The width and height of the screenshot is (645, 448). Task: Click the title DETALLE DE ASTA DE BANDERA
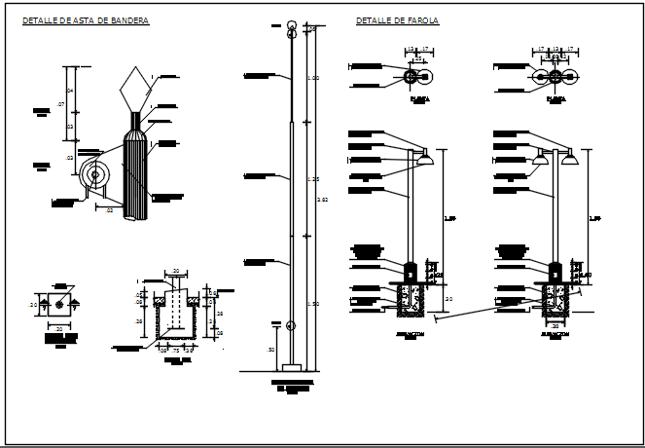(x=86, y=20)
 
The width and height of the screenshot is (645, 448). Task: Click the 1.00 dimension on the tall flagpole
(x=313, y=77)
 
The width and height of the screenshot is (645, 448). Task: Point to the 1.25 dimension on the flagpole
(x=313, y=179)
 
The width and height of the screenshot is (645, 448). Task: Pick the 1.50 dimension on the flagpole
(x=313, y=304)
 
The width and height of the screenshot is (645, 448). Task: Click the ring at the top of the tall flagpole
(x=291, y=28)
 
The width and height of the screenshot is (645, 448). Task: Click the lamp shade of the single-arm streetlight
(x=424, y=155)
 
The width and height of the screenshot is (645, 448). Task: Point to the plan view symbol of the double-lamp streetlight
(x=555, y=76)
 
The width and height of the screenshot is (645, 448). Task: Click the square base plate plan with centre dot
(x=59, y=305)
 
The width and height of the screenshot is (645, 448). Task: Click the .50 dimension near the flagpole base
(x=270, y=349)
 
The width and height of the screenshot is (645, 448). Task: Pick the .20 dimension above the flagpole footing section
(x=175, y=271)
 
